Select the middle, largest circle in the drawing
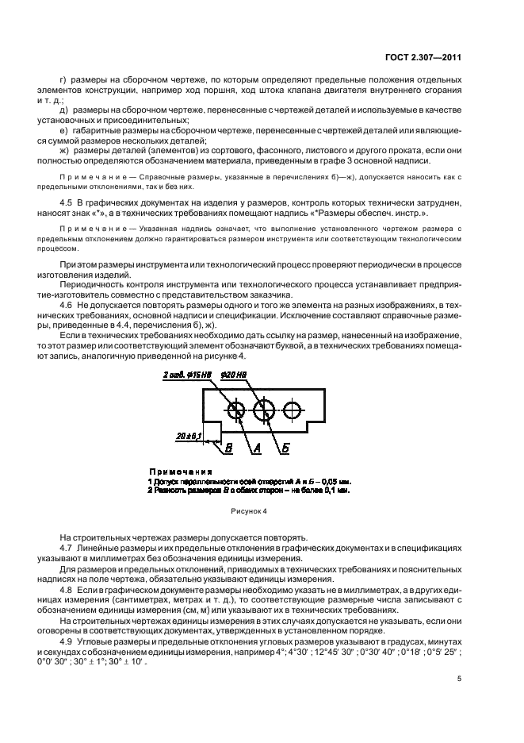tap(264, 410)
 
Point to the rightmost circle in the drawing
tap(293, 410)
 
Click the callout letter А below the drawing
tap(257, 448)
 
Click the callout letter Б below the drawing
tap(285, 448)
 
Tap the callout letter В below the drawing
tap(228, 448)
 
